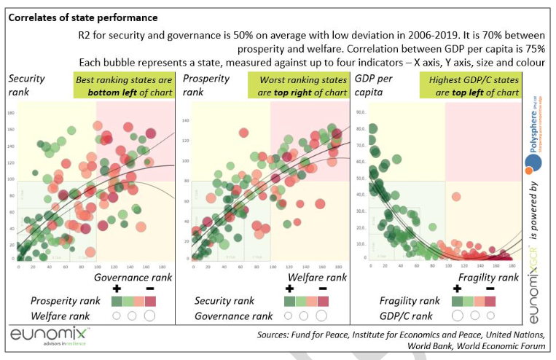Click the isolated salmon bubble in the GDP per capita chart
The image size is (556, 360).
click(456, 196)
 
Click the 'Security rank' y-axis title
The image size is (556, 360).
click(26, 86)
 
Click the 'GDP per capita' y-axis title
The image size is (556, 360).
click(372, 86)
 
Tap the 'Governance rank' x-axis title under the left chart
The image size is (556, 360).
click(133, 277)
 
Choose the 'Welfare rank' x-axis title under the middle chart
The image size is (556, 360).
click(315, 277)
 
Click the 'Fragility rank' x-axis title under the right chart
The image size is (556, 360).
click(488, 277)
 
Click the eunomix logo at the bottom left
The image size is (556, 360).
click(50, 334)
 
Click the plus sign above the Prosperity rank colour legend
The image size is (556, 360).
click(115, 289)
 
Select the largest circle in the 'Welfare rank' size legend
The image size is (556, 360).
click(150, 316)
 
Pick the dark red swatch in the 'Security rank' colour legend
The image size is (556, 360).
click(322, 301)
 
